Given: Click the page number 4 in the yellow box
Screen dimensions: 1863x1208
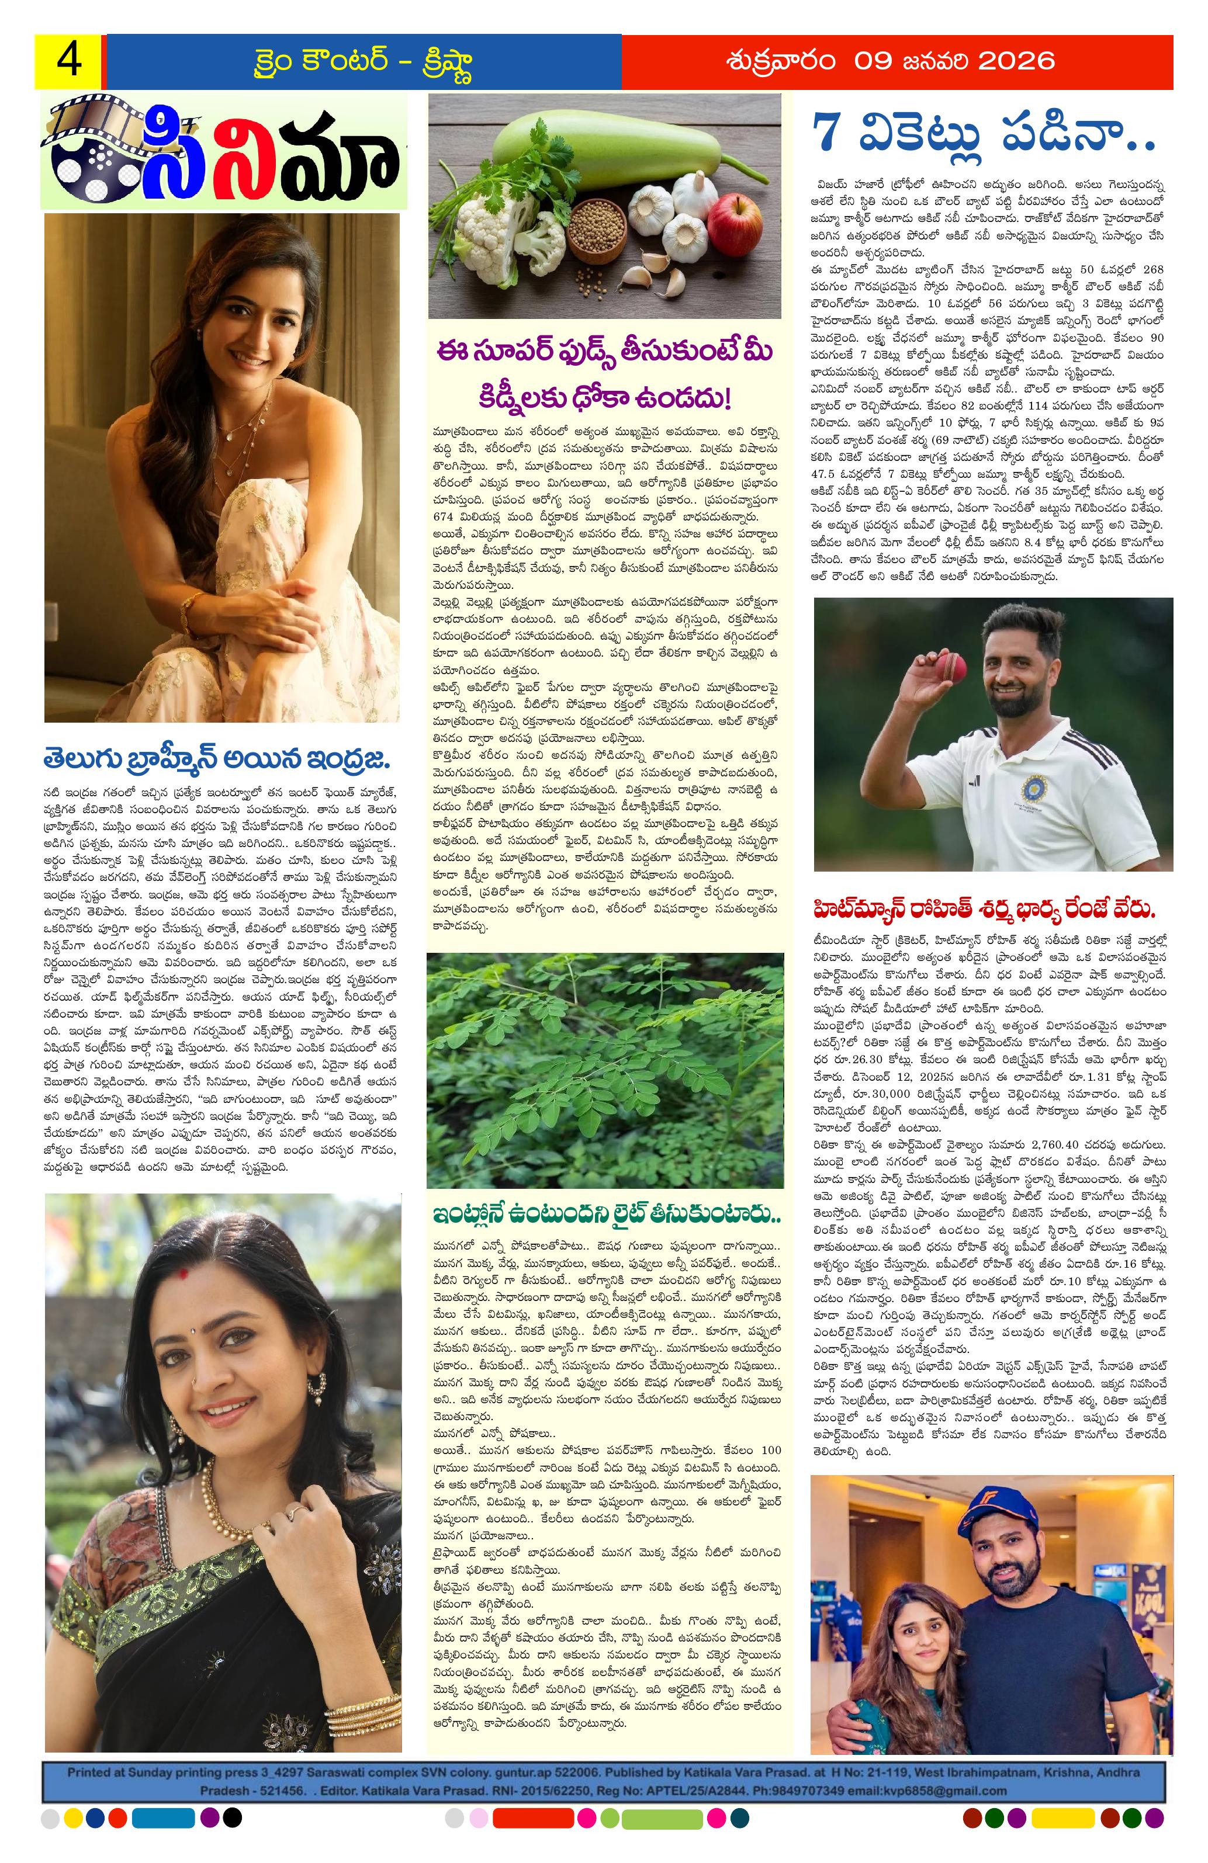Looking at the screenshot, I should click(x=68, y=60).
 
